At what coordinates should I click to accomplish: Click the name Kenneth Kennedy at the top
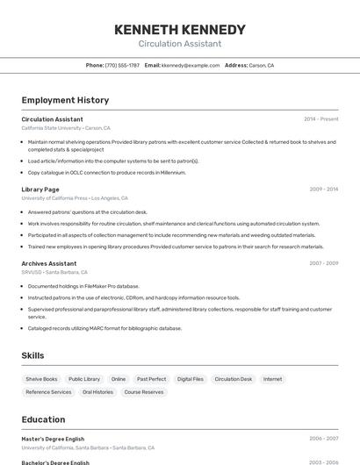click(180, 29)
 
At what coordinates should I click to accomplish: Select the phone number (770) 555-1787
click(122, 66)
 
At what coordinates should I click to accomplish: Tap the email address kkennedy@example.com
click(191, 66)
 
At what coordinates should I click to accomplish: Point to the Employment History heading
click(65, 100)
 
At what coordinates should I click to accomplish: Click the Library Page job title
click(40, 189)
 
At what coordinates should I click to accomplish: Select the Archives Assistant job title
click(49, 263)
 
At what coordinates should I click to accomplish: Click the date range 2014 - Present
click(320, 119)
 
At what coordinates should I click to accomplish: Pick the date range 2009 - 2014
click(323, 190)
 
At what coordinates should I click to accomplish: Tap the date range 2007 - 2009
click(323, 263)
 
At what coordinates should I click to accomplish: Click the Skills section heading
click(33, 355)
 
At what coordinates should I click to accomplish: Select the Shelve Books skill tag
click(41, 379)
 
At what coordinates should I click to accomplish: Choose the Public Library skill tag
click(84, 379)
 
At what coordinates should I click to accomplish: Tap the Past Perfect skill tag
click(151, 379)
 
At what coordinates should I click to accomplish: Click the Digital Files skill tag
click(190, 379)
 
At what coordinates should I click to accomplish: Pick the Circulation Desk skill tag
click(234, 379)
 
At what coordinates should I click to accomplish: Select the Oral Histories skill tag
click(97, 392)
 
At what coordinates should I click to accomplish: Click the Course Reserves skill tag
click(144, 392)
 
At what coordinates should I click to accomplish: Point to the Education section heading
click(44, 419)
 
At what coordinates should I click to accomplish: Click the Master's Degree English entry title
click(53, 438)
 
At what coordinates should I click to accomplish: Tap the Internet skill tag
click(272, 379)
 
